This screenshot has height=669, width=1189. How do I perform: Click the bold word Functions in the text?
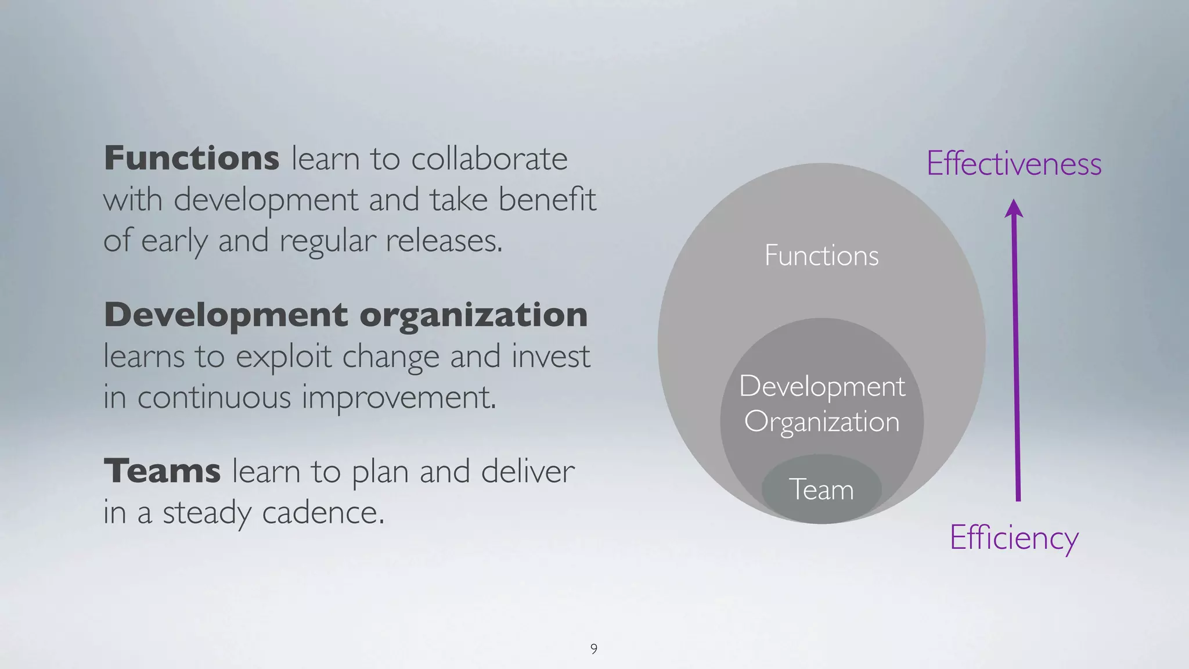(192, 158)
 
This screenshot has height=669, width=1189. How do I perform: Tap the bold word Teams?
(162, 470)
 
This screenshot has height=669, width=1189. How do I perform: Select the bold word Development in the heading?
(226, 315)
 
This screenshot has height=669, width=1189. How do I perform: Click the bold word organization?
(473, 315)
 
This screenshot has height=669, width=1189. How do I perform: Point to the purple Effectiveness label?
(1014, 163)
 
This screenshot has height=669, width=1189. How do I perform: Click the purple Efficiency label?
(1014, 537)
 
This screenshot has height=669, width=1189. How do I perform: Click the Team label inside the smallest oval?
(822, 490)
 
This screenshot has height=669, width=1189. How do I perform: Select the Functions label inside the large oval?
(822, 256)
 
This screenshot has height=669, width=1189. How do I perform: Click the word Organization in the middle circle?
(822, 422)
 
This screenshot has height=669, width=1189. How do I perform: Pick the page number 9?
(594, 649)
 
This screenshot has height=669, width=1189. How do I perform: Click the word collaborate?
(489, 158)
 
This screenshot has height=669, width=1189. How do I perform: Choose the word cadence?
(323, 512)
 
